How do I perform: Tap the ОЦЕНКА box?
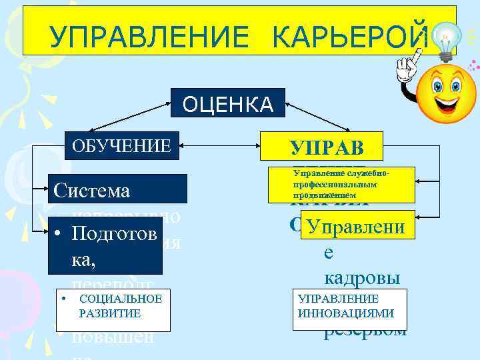[x=227, y=104]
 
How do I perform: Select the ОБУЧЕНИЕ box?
[x=122, y=145]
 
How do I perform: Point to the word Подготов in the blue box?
[x=113, y=235]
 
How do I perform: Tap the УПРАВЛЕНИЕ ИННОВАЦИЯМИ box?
[x=346, y=306]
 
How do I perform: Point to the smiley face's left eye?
[x=438, y=85]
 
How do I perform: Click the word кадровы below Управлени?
[x=362, y=275]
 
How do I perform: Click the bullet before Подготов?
[x=59, y=235]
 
